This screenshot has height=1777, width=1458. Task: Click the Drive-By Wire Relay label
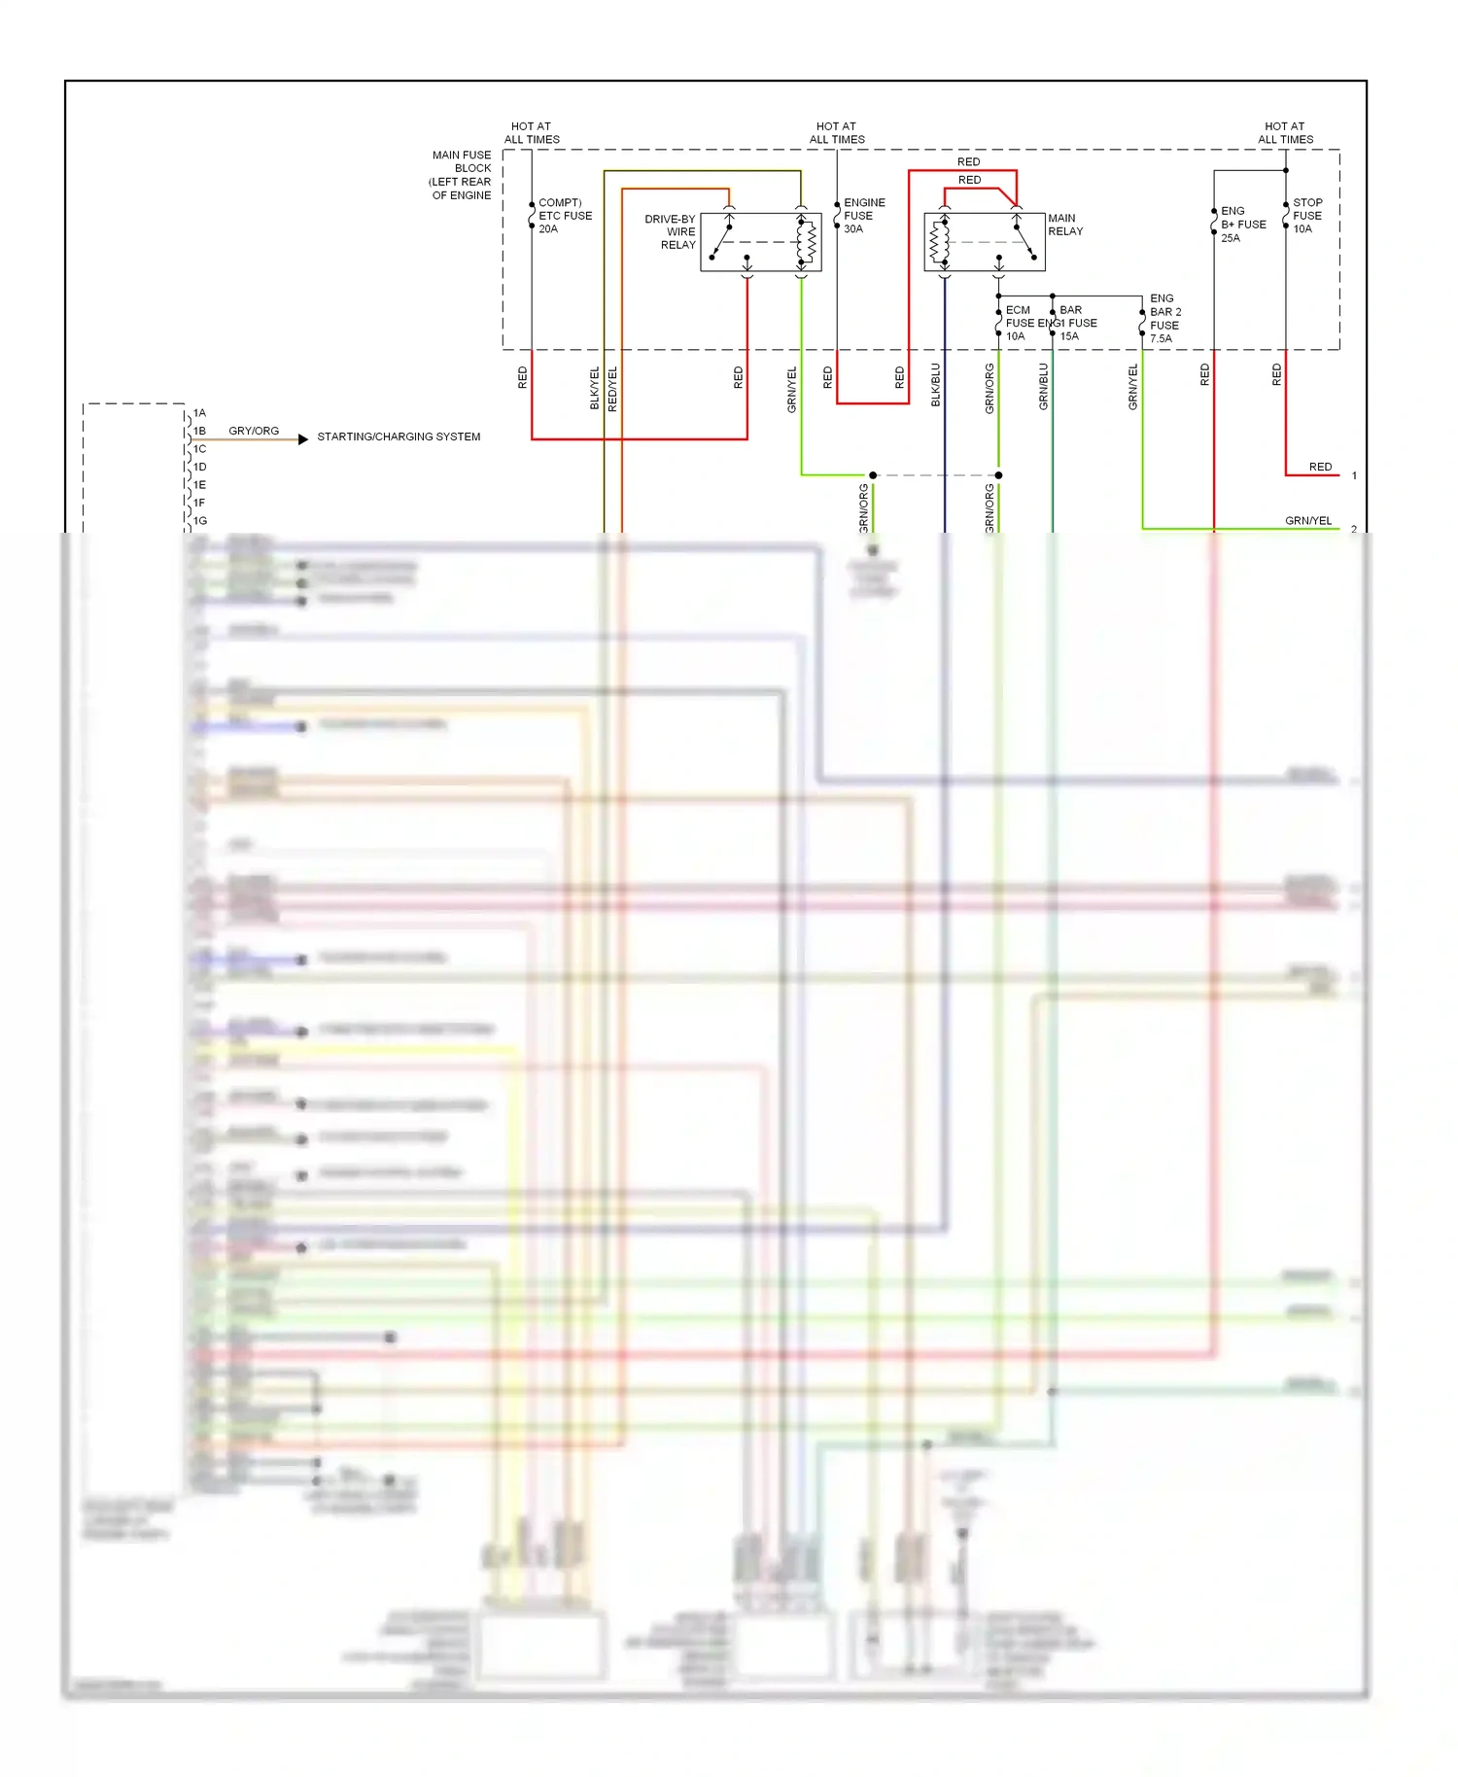pyautogui.click(x=671, y=232)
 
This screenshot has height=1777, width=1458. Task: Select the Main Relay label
pyautogui.click(x=1065, y=225)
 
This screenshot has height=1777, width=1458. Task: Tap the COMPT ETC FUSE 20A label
pyautogui.click(x=565, y=216)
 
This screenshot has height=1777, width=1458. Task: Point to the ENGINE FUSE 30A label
pyautogui.click(x=863, y=216)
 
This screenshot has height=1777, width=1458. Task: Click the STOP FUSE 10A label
pyautogui.click(x=1307, y=216)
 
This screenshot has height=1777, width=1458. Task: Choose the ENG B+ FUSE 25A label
pyautogui.click(x=1242, y=225)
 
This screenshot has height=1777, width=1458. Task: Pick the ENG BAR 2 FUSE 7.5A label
pyautogui.click(x=1164, y=319)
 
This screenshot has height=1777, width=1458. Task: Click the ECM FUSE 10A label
pyautogui.click(x=1018, y=324)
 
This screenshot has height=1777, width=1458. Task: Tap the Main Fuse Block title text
pyautogui.click(x=461, y=175)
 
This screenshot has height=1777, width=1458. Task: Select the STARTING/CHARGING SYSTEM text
pyautogui.click(x=399, y=437)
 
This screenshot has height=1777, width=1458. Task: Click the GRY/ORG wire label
pyautogui.click(x=254, y=431)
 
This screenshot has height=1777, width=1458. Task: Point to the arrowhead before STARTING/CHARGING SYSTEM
pyautogui.click(x=303, y=439)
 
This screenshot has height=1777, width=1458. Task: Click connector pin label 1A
pyautogui.click(x=199, y=413)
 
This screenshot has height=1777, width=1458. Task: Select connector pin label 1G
pyautogui.click(x=199, y=521)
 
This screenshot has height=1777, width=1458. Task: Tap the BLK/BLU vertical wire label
pyautogui.click(x=936, y=385)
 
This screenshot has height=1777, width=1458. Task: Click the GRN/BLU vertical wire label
pyautogui.click(x=1044, y=386)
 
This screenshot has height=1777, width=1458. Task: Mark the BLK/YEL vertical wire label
pyautogui.click(x=595, y=388)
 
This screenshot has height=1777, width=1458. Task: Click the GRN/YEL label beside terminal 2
pyautogui.click(x=1308, y=521)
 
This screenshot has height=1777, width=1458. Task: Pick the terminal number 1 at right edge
pyautogui.click(x=1354, y=476)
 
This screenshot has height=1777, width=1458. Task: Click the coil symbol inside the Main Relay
pyautogui.click(x=939, y=243)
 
